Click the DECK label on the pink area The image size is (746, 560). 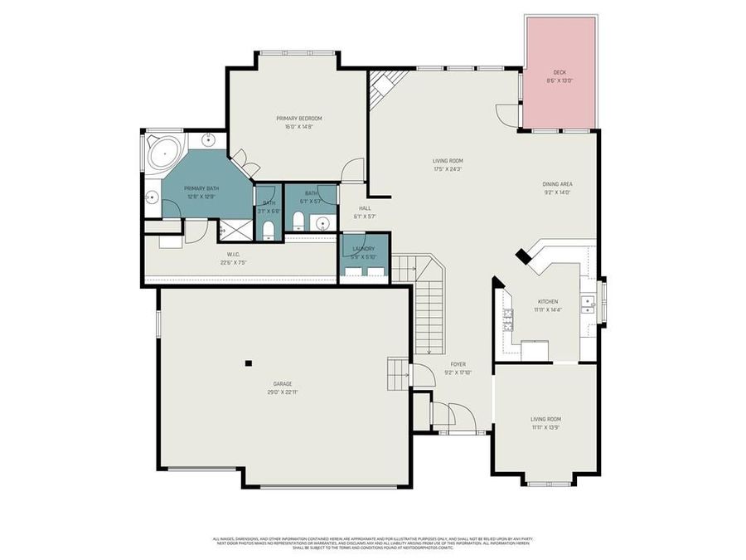click(x=559, y=74)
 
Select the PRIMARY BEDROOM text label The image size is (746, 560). click(x=298, y=119)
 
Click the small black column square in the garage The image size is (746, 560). click(x=248, y=363)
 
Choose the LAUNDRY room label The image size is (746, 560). click(x=363, y=249)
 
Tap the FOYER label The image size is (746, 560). click(x=458, y=364)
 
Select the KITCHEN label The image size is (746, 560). click(x=547, y=301)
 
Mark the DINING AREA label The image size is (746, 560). click(x=557, y=184)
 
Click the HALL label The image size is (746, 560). click(x=365, y=209)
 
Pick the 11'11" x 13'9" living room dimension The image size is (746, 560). click(x=546, y=426)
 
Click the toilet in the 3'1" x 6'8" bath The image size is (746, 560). click(x=268, y=229)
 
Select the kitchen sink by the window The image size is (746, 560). click(x=589, y=303)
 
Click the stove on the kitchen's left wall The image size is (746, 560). click(x=507, y=318)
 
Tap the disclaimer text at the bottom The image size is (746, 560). click(x=373, y=543)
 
